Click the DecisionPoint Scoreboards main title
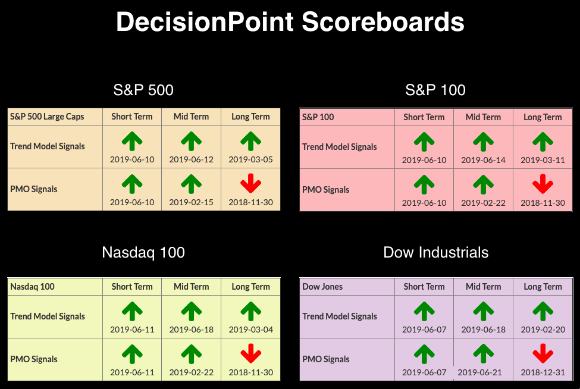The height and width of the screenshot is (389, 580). [x=290, y=21]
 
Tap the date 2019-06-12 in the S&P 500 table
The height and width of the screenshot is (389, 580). [x=191, y=159]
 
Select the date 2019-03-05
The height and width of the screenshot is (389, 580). [x=251, y=159]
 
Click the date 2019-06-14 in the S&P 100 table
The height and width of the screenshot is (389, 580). [x=483, y=160]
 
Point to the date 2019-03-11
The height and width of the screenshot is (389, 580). [x=543, y=160]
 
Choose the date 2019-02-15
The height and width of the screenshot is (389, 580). [x=191, y=202]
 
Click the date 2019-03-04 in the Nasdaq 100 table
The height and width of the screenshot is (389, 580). [x=251, y=330]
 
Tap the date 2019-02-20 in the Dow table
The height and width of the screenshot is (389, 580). [x=543, y=330]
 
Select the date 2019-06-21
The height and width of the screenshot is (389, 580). [x=479, y=372]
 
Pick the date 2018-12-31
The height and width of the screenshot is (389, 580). [x=543, y=372]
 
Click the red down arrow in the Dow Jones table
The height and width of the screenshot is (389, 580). [x=543, y=353]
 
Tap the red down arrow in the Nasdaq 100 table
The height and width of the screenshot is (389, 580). [x=251, y=353]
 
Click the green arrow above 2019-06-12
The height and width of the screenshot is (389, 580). [x=191, y=141]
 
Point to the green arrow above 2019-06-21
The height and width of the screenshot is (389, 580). [x=484, y=354]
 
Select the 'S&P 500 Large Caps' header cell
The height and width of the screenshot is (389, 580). [x=47, y=117]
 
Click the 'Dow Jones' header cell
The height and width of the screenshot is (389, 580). [x=322, y=287]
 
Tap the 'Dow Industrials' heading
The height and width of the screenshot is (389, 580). [x=435, y=253]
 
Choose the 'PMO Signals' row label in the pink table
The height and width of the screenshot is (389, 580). [x=325, y=190]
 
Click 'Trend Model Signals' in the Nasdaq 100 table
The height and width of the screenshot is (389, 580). [x=48, y=316]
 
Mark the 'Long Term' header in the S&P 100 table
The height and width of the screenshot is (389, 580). [x=543, y=117]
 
